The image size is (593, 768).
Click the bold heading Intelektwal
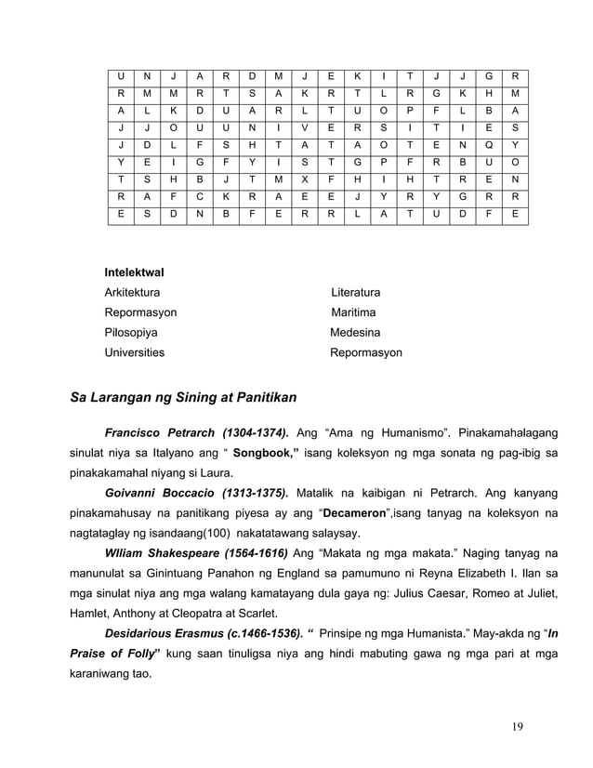(x=134, y=272)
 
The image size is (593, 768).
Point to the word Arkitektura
(x=132, y=293)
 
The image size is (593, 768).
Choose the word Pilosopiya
(x=131, y=333)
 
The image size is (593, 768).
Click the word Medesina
(x=355, y=333)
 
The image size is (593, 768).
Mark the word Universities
(x=135, y=353)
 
